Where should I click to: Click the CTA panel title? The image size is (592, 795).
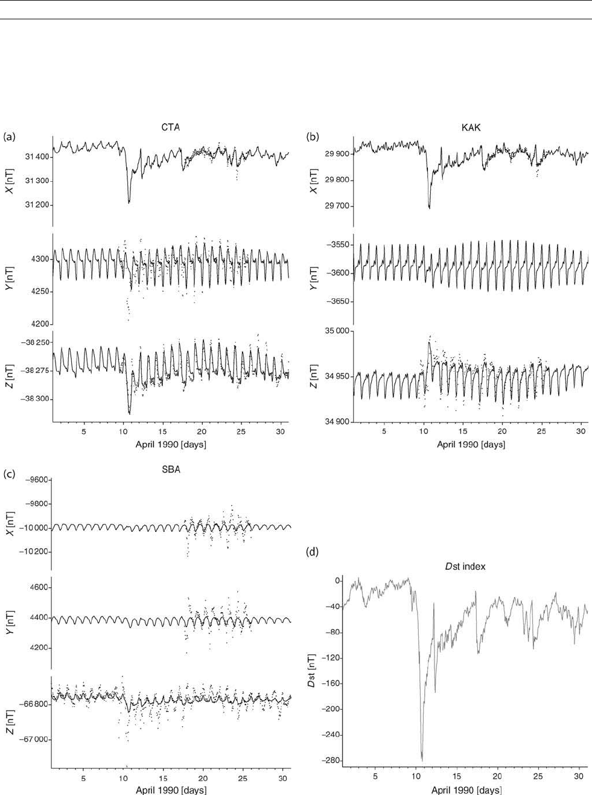click(171, 127)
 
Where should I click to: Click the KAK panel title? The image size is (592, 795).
click(471, 127)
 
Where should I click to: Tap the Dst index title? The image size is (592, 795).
click(465, 566)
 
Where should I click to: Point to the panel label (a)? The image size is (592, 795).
click(9, 137)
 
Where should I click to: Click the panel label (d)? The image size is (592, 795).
click(313, 551)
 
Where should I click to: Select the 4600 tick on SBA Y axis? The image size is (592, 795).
click(37, 587)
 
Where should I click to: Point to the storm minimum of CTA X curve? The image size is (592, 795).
click(129, 203)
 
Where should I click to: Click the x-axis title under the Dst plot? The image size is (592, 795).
click(466, 790)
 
